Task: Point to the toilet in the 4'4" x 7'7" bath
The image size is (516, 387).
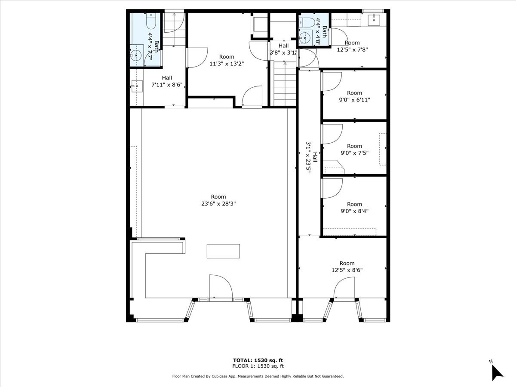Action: (x=151, y=21)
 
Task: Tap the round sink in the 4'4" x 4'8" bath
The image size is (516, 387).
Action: (x=305, y=38)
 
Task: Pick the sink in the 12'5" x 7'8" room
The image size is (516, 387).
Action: (x=373, y=19)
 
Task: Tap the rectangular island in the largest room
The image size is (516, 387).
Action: (x=223, y=251)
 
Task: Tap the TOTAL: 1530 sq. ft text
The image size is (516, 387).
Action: (x=258, y=360)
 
